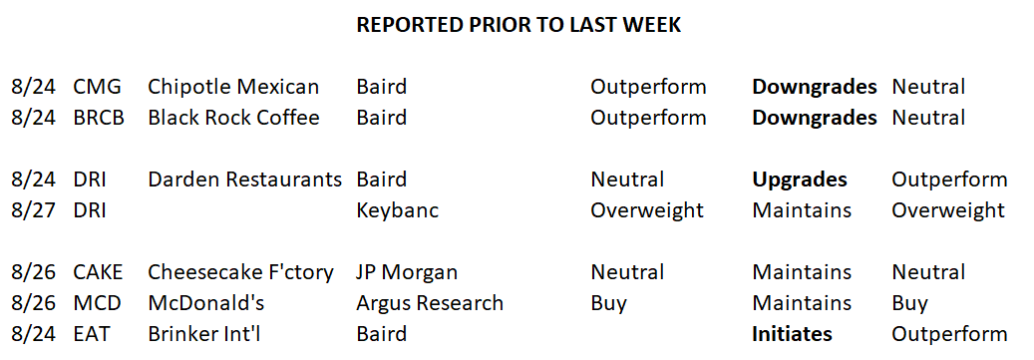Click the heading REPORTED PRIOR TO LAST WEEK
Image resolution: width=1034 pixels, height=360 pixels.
click(x=518, y=25)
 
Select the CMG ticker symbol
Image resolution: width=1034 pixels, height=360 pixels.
click(x=98, y=87)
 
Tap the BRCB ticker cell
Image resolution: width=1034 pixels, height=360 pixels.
click(x=99, y=118)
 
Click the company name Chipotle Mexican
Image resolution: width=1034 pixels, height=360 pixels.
click(x=233, y=87)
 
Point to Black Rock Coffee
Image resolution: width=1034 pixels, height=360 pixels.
click(x=233, y=118)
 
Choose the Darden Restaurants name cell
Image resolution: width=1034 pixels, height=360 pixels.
click(x=244, y=180)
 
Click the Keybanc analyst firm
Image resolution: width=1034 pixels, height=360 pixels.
click(x=398, y=211)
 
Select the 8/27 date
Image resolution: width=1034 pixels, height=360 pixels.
click(x=34, y=211)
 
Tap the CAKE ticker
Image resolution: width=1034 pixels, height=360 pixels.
click(x=99, y=272)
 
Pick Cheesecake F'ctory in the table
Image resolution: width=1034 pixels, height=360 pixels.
click(x=240, y=272)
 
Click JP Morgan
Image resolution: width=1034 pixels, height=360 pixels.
click(x=407, y=272)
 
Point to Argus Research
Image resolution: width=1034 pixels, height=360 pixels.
click(x=430, y=303)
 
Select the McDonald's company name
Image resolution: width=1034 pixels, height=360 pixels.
click(x=205, y=303)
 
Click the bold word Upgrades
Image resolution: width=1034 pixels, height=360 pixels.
click(x=800, y=180)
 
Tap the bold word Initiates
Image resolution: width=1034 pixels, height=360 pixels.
click(x=792, y=334)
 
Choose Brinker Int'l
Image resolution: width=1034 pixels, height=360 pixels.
click(x=203, y=334)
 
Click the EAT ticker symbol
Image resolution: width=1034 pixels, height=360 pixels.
click(x=92, y=334)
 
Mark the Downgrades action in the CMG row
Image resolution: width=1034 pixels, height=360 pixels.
click(x=815, y=87)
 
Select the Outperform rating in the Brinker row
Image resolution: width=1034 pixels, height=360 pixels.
click(x=949, y=334)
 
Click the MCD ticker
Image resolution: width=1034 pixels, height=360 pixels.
click(x=98, y=303)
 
